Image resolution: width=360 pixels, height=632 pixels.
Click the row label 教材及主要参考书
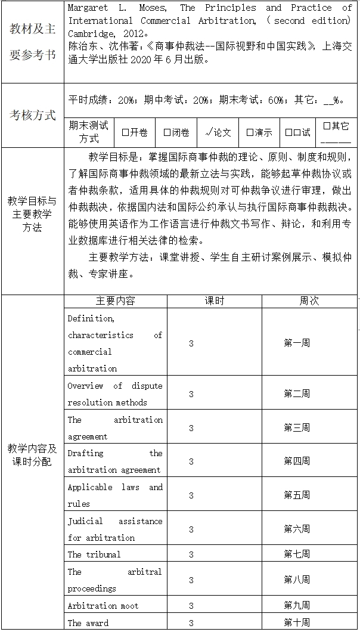pos(33,42)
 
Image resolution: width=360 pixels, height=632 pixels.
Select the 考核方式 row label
pos(33,115)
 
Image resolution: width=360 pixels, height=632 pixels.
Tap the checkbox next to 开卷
pos(125,132)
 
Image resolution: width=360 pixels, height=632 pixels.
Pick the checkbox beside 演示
pos(250,132)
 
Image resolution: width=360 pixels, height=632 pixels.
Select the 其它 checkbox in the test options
pos(326,126)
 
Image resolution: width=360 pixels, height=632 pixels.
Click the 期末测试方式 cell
pos(89,132)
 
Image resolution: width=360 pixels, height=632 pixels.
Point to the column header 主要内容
pos(116,301)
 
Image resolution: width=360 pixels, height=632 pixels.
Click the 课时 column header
pos(215,301)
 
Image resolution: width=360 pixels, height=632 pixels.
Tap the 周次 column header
pos(309,301)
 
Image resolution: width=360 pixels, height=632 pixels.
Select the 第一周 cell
pos(297,343)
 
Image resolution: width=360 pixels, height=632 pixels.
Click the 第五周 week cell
pos(297,495)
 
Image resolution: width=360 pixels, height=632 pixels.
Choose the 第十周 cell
pos(297,622)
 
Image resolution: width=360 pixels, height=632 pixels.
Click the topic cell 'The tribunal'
pos(94,554)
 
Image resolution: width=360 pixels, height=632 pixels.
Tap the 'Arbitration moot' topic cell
pos(103,606)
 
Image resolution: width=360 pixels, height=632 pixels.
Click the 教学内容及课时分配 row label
pos(32,454)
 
